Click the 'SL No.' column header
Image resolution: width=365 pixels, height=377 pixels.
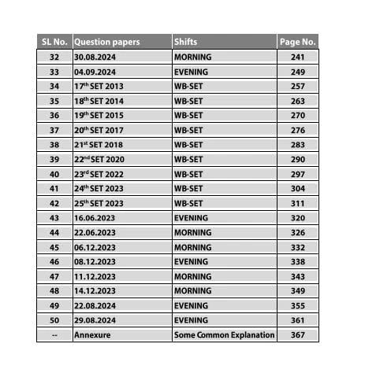54,41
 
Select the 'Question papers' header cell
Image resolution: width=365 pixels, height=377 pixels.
106,41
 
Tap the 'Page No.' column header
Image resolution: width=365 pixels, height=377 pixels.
297,41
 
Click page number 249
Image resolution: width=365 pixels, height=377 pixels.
297,71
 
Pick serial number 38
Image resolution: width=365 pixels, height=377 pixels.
54,144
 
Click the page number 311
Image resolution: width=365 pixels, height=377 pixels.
297,202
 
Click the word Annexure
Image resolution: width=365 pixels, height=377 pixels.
91,334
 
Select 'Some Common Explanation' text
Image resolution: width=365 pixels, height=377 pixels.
224,334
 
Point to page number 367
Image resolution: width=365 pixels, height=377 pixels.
297,334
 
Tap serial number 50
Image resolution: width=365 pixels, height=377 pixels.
54,320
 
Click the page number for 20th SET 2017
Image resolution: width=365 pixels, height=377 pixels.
297,129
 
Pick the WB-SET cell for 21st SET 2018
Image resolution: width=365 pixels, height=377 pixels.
188,144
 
